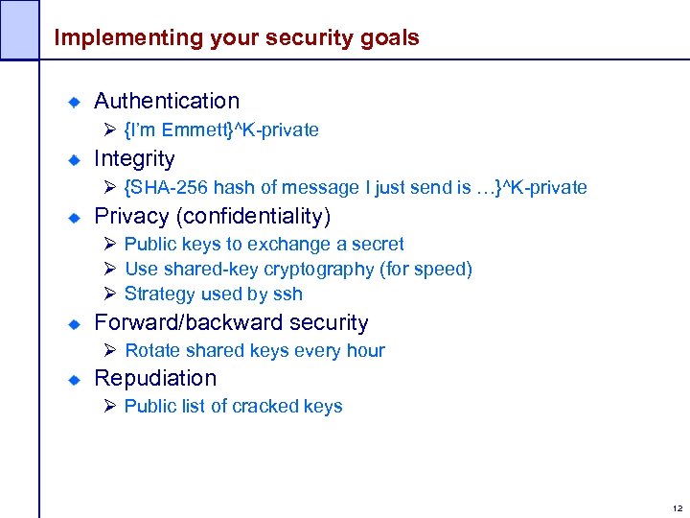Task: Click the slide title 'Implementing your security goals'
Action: pyautogui.click(x=237, y=38)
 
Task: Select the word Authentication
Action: pyautogui.click(x=167, y=101)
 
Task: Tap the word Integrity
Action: pyautogui.click(x=134, y=158)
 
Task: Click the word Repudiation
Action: pyautogui.click(x=155, y=378)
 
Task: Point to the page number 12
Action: pyautogui.click(x=678, y=508)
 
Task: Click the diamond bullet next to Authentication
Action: pyautogui.click(x=74, y=102)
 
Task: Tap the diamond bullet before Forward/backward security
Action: pyautogui.click(x=74, y=323)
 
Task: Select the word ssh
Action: pyautogui.click(x=287, y=294)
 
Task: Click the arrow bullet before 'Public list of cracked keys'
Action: pyautogui.click(x=109, y=406)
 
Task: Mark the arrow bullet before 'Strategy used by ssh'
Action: pyautogui.click(x=109, y=294)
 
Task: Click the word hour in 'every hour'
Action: pyautogui.click(x=365, y=350)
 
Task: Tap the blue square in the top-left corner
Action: pyautogui.click(x=19, y=29)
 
